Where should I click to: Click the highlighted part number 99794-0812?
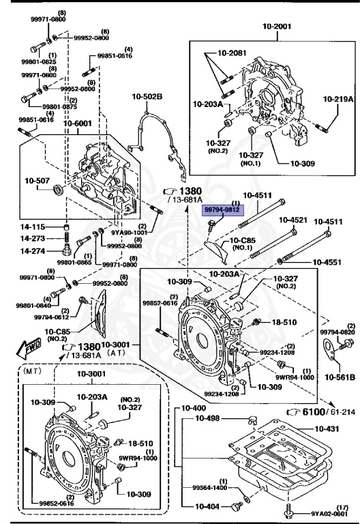pos(222,210)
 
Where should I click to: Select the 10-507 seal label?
pos(37,181)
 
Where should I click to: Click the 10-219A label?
pos(338,99)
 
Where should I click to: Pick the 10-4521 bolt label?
pos(293,220)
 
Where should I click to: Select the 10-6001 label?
pos(78,123)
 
